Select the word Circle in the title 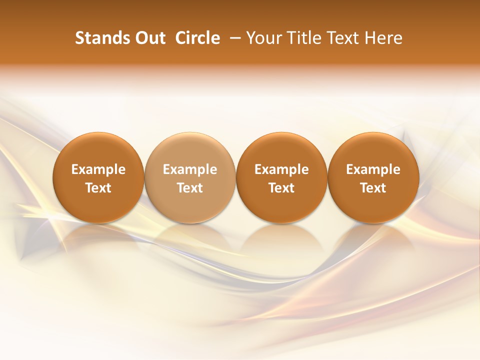[197, 38]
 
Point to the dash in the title [233, 38]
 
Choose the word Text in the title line [343, 38]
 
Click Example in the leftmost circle [98, 169]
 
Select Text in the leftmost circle [98, 188]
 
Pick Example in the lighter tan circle [190, 169]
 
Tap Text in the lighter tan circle [190, 188]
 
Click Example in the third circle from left [281, 169]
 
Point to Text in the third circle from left [281, 188]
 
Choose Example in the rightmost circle [373, 169]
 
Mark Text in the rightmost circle [373, 188]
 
